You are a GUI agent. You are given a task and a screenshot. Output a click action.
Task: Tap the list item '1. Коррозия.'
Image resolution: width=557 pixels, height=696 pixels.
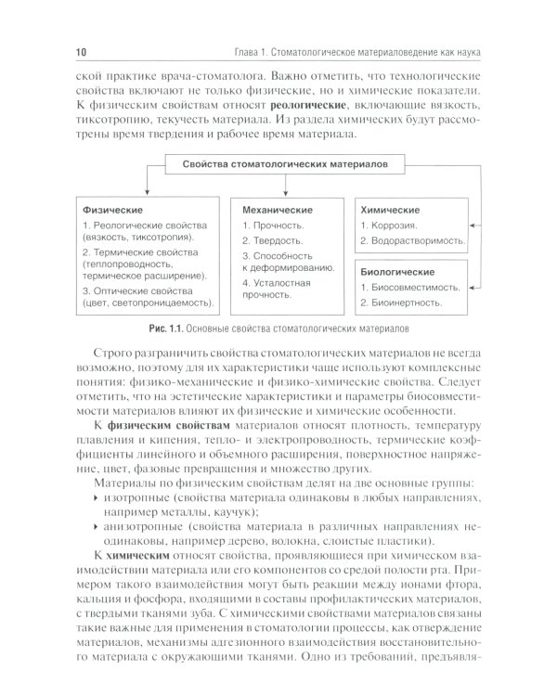pyautogui.click(x=392, y=226)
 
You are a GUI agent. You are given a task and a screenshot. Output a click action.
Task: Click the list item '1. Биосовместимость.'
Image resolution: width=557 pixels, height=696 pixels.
pyautogui.click(x=410, y=287)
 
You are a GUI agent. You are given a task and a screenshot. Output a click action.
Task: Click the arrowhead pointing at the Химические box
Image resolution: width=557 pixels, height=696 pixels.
pyautogui.click(x=473, y=224)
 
